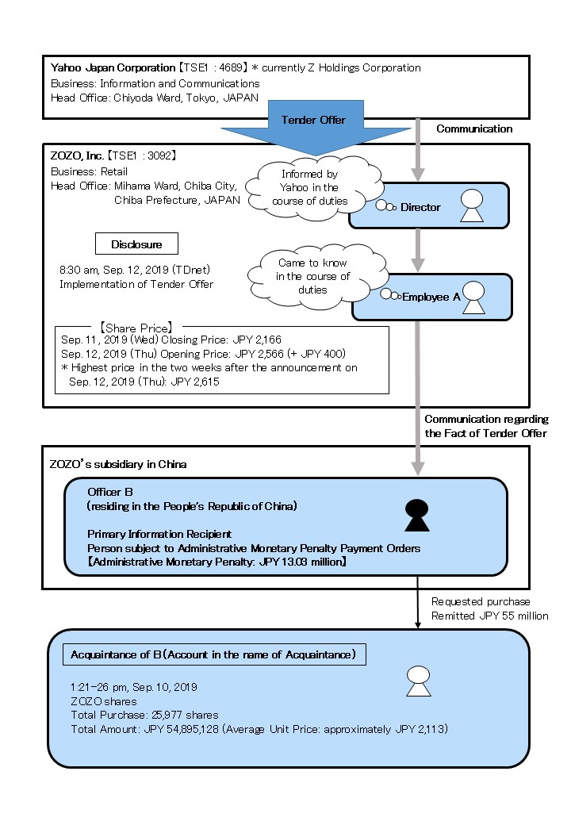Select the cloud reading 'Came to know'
point(312,276)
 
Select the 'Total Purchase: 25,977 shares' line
point(144,715)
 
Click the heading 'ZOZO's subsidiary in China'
point(118,464)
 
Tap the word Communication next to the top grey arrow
point(474,129)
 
